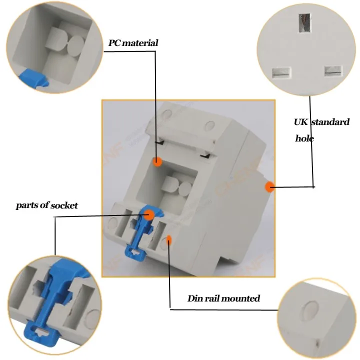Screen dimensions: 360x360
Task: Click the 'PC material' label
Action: tap(133, 43)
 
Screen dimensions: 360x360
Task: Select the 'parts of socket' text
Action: tap(46, 205)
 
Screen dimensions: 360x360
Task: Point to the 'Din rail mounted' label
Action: tap(223, 298)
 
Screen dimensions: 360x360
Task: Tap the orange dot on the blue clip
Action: tap(149, 214)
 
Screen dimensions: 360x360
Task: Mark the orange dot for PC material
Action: tap(157, 161)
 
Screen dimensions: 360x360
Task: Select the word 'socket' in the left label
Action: tap(64, 205)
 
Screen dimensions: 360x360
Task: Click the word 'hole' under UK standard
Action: tap(304, 138)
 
